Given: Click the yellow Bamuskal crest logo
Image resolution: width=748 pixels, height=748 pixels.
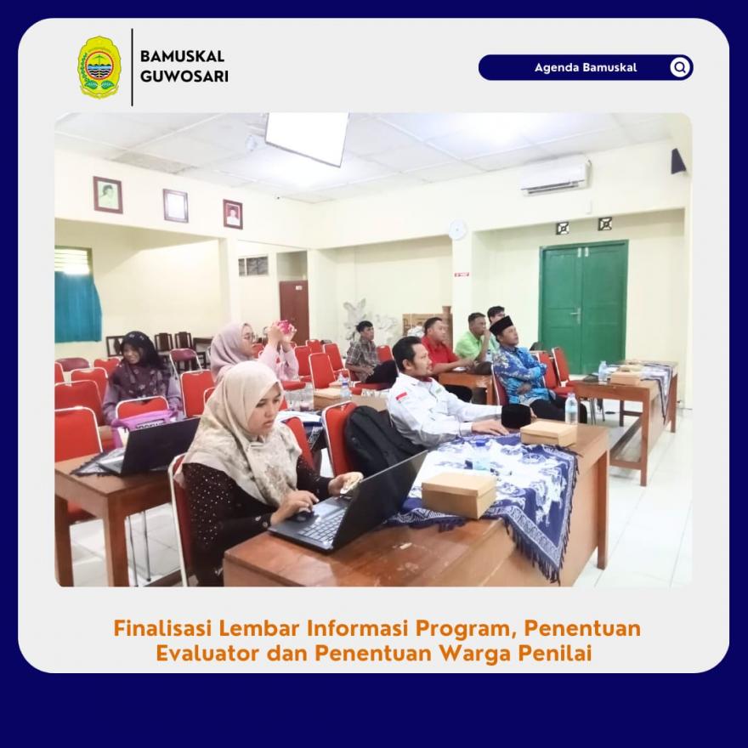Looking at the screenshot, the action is [x=99, y=67].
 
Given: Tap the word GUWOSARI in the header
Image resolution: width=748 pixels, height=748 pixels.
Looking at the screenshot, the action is [x=184, y=76].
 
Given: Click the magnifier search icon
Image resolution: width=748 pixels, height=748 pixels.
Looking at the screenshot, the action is [x=680, y=67].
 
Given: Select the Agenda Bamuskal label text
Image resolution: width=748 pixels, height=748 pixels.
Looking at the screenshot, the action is [x=586, y=67].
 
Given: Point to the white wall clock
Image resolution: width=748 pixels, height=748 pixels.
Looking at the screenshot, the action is [x=457, y=230].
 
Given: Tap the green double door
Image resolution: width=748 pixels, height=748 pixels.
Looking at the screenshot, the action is [x=584, y=305].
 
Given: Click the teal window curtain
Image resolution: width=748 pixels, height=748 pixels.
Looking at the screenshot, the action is [x=77, y=307].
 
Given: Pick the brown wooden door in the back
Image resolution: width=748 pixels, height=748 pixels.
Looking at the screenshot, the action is [x=294, y=310].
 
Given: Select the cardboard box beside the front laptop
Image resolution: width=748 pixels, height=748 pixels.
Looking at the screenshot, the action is [x=459, y=494].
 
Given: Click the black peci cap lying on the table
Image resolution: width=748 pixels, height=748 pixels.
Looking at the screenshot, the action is [x=516, y=416].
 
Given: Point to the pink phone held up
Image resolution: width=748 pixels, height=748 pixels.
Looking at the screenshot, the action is [x=285, y=326].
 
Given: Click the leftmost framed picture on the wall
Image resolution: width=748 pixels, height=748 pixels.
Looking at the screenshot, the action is [x=108, y=195].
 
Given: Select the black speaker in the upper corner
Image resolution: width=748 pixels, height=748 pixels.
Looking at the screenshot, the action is [x=678, y=161].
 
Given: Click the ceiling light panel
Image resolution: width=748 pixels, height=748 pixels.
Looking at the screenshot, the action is [x=307, y=137].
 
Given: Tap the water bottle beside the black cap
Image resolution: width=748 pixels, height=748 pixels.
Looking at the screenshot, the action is [x=570, y=408].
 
